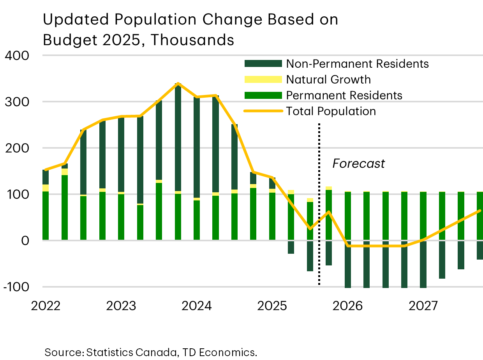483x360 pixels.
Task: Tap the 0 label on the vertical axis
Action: (25, 241)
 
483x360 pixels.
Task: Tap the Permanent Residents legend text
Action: (344, 95)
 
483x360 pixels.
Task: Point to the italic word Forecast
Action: (358, 164)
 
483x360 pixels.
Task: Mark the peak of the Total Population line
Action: (178, 83)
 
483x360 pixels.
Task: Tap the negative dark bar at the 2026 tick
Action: (348, 265)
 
